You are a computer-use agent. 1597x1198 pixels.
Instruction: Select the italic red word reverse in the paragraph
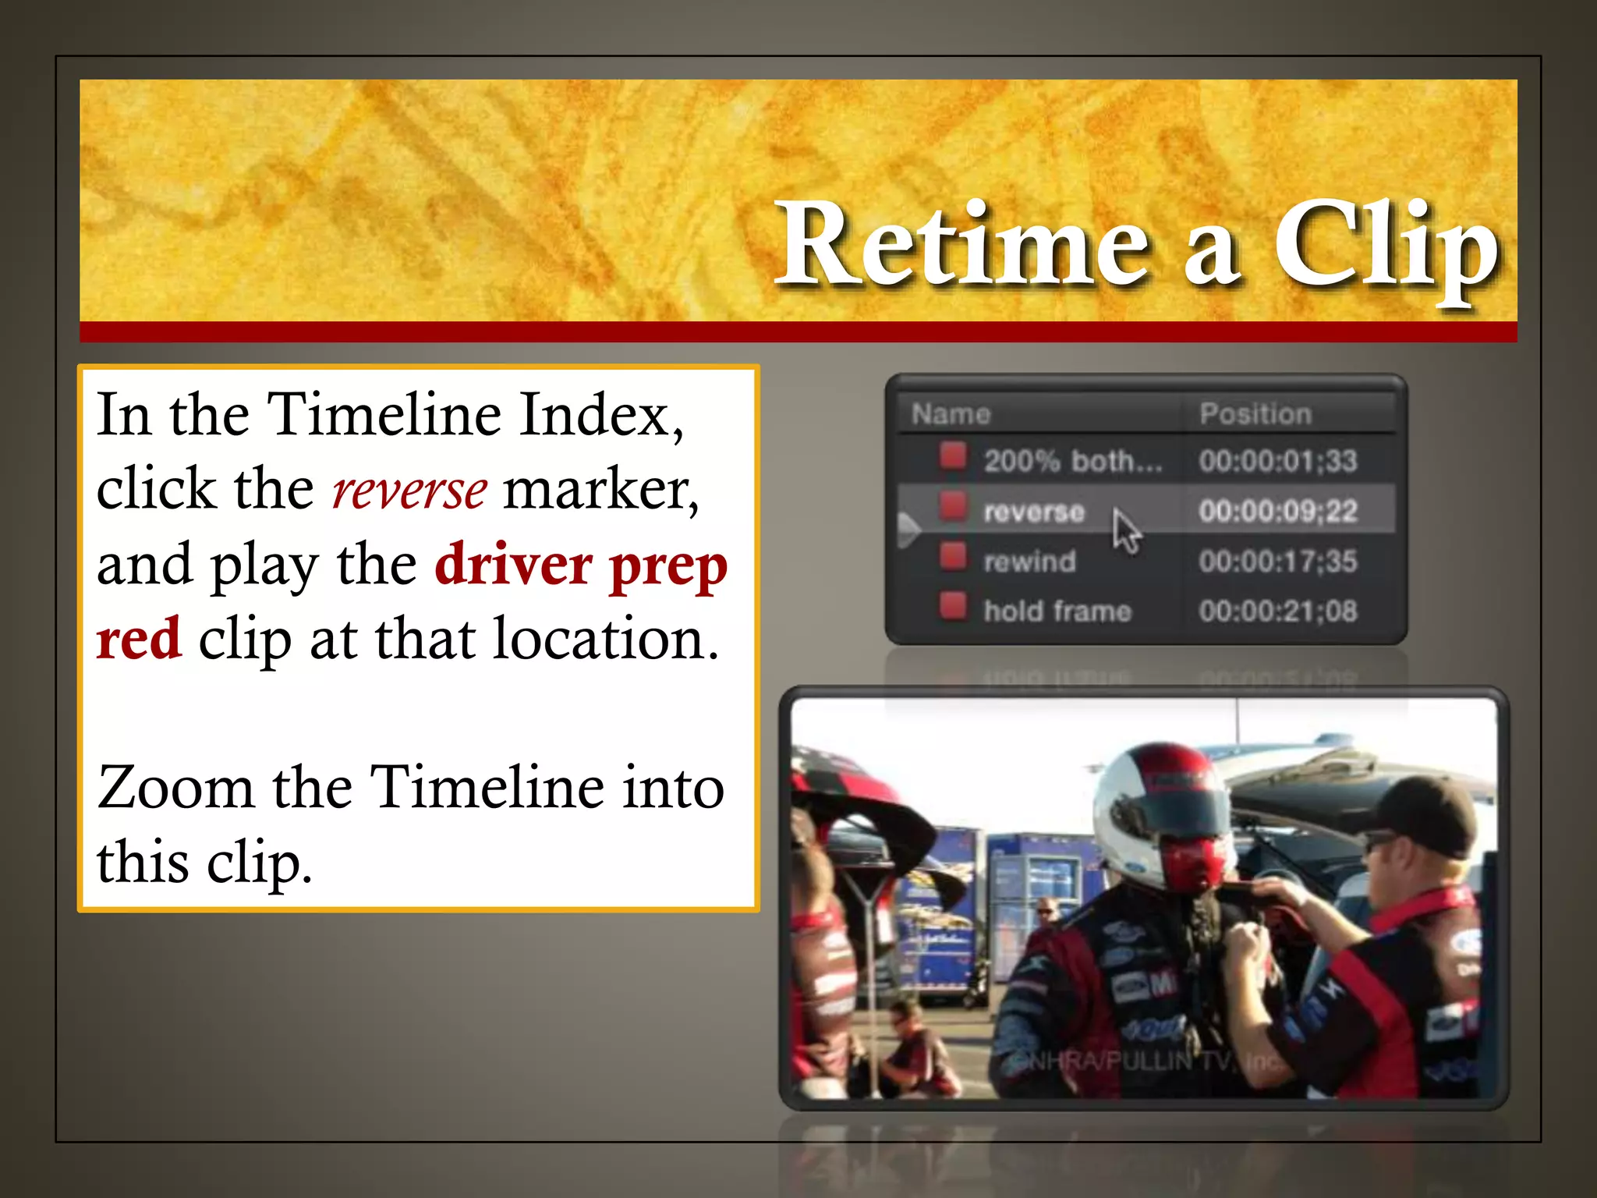[409, 491]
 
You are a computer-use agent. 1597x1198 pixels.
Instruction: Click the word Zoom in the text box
[176, 788]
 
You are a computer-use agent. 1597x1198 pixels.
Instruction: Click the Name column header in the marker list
[951, 414]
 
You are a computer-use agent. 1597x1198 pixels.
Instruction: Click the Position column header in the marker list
[1255, 414]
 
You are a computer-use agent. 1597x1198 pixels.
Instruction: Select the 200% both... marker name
[1072, 461]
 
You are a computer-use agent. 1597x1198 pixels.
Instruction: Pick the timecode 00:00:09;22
[1278, 511]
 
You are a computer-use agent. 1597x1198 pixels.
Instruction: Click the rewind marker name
[1029, 561]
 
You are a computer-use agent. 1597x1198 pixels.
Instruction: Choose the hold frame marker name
[1057, 611]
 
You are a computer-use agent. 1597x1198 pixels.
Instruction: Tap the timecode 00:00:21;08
[1278, 611]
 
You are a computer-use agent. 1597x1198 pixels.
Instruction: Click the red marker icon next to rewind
[952, 557]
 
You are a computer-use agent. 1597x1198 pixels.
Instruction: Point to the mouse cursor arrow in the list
[1125, 530]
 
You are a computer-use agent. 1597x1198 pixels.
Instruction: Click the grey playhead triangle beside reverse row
[908, 530]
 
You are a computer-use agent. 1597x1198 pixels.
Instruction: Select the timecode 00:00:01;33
[1278, 461]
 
